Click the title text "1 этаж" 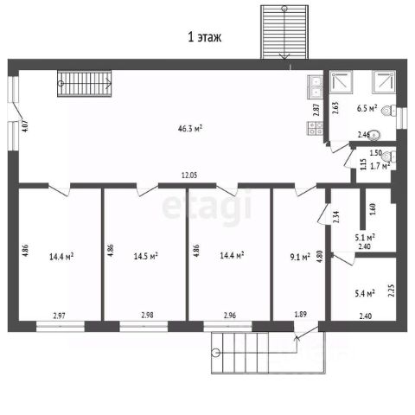tap(204, 37)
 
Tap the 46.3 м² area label tap(189, 128)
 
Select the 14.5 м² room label tap(145, 256)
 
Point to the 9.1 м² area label tap(300, 257)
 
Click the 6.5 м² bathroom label tap(367, 109)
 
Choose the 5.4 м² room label tap(365, 294)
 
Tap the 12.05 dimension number tap(189, 176)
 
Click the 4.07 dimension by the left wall tap(25, 126)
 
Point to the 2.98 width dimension tap(147, 316)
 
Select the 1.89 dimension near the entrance tap(300, 314)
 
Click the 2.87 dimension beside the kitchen tap(316, 110)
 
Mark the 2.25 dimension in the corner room tap(391, 290)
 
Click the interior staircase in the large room tap(85, 84)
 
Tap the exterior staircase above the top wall tap(284, 32)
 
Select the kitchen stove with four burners tap(315, 128)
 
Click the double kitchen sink tap(315, 87)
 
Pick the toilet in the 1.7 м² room tap(389, 156)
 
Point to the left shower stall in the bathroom tap(342, 81)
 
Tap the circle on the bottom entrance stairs tap(215, 353)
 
